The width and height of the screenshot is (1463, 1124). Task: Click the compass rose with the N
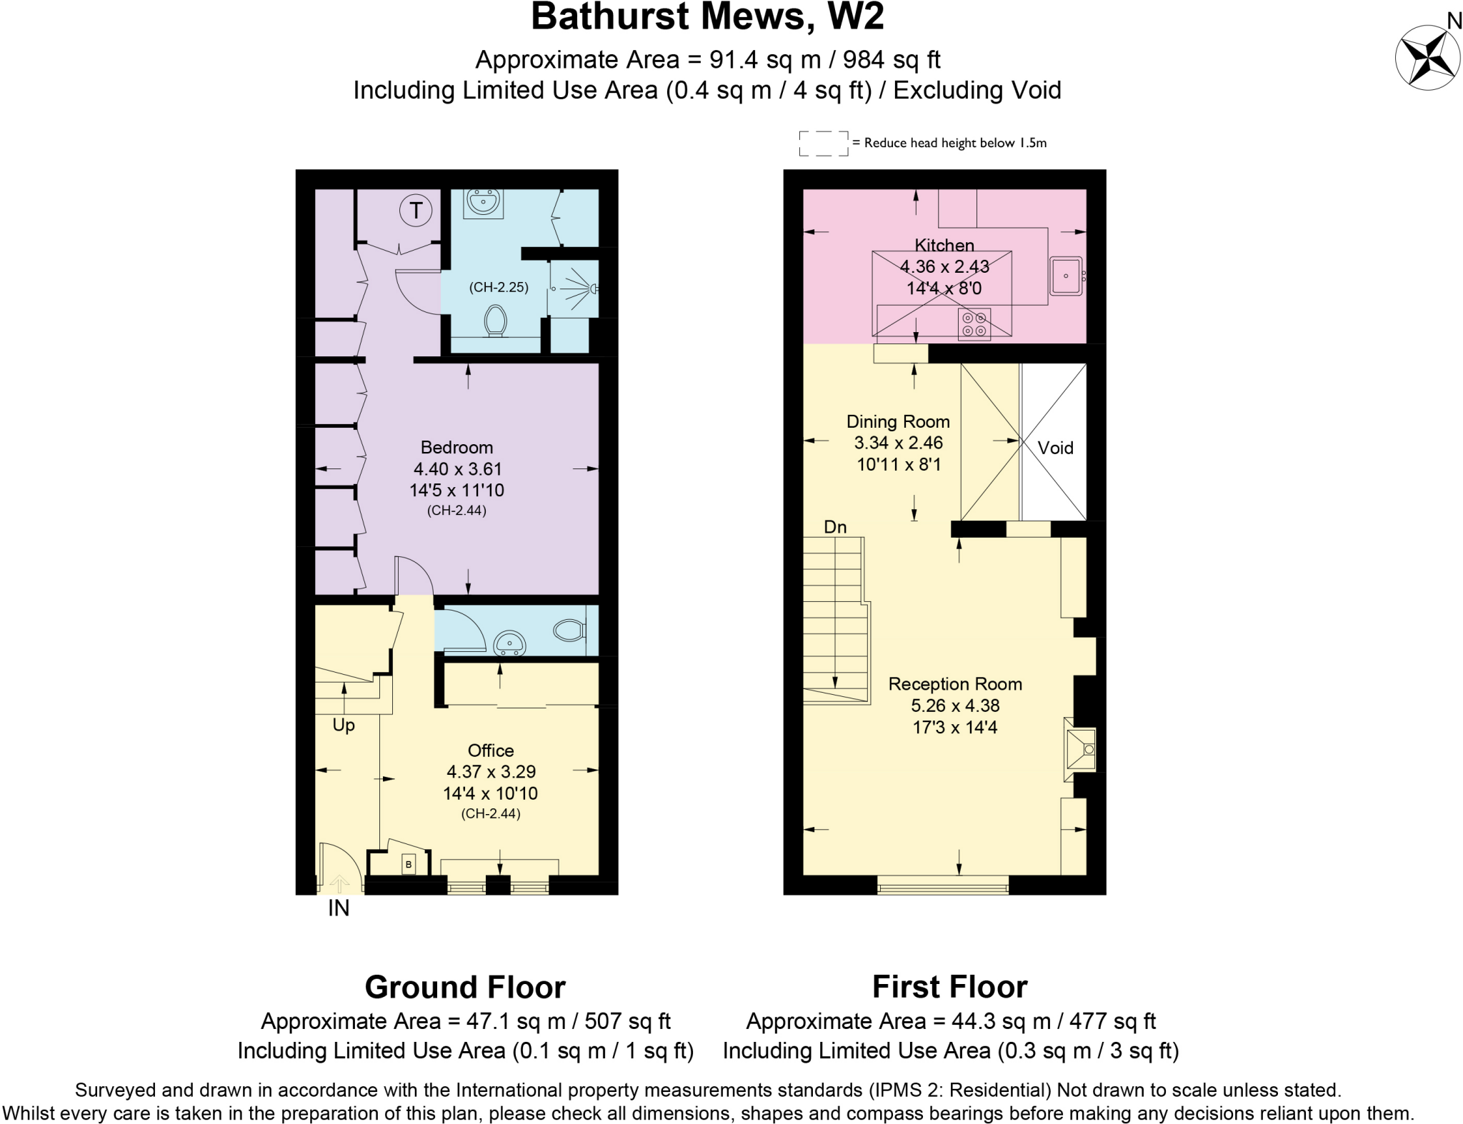click(1427, 57)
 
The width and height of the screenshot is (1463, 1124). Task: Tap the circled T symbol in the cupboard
click(416, 211)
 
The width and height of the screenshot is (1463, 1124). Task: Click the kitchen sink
click(1066, 276)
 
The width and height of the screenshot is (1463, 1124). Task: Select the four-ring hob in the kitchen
click(974, 324)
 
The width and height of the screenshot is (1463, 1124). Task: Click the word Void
click(1055, 448)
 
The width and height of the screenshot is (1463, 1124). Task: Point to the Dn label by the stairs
click(835, 527)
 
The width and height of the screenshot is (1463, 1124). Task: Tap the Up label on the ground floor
click(344, 725)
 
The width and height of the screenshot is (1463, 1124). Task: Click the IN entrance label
click(339, 908)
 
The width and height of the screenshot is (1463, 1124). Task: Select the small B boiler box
click(409, 864)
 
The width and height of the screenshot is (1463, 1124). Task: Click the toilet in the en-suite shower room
click(495, 321)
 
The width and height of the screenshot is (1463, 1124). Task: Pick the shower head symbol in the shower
click(592, 288)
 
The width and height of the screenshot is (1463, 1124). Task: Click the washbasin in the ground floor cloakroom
click(509, 642)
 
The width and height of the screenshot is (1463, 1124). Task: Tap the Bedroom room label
click(456, 448)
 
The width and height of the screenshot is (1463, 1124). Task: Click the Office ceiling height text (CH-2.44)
click(490, 813)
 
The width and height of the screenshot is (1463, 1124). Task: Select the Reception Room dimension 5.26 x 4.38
click(954, 706)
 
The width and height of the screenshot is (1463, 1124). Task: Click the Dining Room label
click(898, 421)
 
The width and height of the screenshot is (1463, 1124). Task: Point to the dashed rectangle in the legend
click(823, 143)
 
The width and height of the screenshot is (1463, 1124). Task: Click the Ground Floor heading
click(465, 987)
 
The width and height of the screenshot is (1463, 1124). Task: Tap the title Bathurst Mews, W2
click(707, 17)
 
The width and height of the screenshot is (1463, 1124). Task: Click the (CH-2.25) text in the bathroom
click(499, 287)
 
